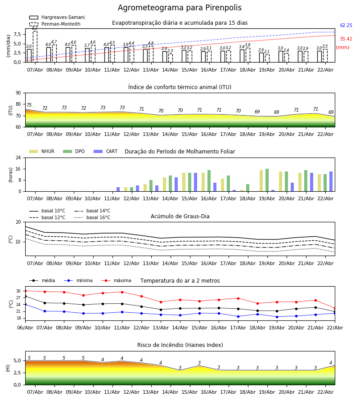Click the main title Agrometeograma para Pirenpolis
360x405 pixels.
tap(180, 8)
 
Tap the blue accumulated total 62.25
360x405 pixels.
tap(346, 26)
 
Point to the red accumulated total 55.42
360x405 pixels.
tap(346, 40)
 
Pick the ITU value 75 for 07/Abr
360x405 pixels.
tap(29, 105)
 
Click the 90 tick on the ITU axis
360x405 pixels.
tap(18, 93)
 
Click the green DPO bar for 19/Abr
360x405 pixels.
tap(267, 180)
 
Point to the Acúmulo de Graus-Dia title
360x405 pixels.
tap(180, 216)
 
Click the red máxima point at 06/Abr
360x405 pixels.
tap(25, 291)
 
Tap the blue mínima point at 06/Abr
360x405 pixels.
tap(25, 305)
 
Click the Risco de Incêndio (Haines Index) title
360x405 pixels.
tap(180, 345)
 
